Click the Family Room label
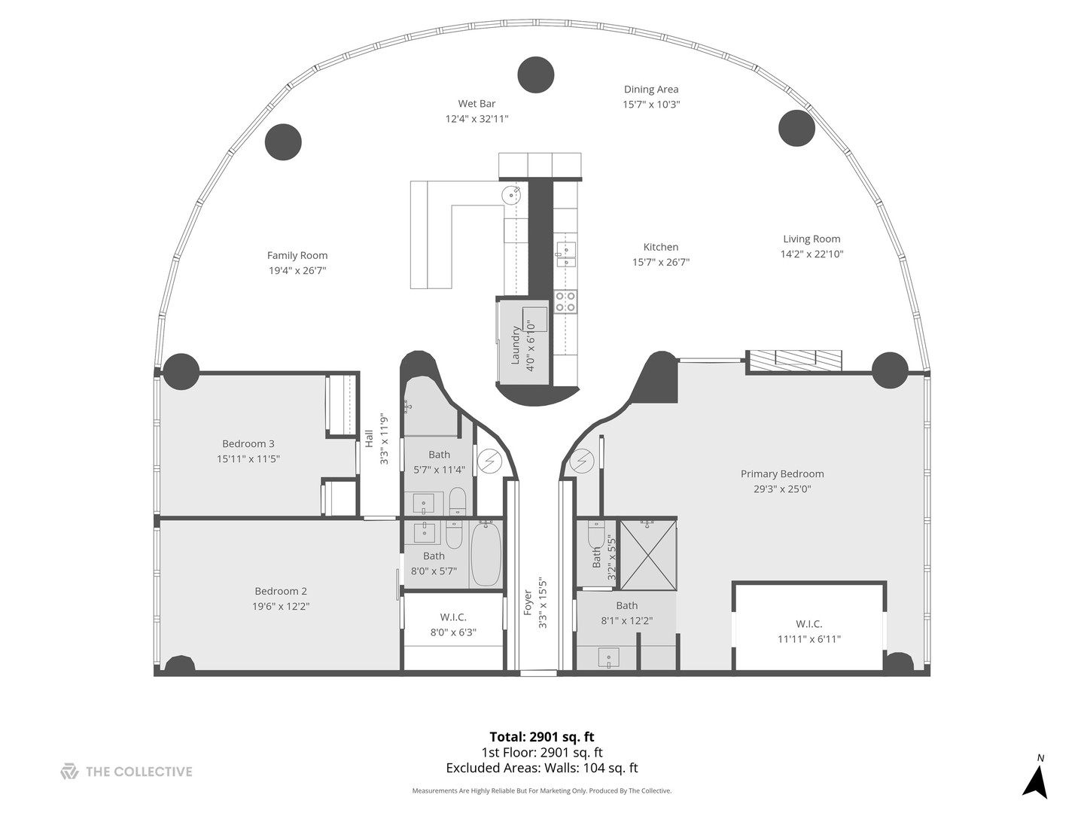(297, 255)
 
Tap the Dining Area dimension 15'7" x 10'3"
(651, 105)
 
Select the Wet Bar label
(477, 104)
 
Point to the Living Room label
(811, 239)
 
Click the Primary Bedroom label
(782, 473)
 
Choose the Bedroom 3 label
(248, 443)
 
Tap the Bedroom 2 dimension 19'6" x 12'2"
(281, 606)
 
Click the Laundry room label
(516, 345)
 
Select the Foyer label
(528, 602)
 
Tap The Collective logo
(69, 772)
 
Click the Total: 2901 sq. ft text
(542, 737)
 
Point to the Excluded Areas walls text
(542, 768)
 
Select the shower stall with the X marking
(647, 555)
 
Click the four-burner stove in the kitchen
(565, 302)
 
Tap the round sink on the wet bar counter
(512, 195)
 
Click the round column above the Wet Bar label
(536, 75)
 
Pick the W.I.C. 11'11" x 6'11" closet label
(809, 623)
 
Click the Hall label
(370, 439)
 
